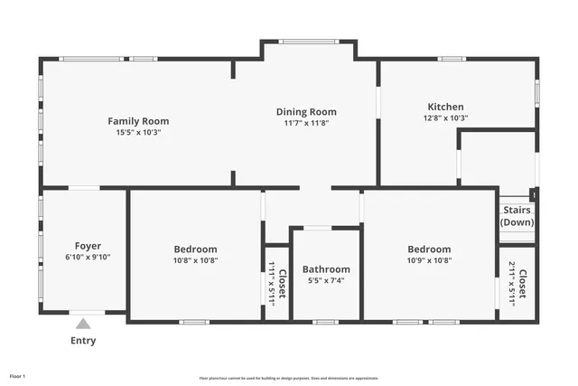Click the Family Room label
(138, 121)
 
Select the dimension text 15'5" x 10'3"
(138, 133)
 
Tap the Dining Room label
(306, 111)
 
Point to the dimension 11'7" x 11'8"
(306, 123)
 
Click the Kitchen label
(445, 107)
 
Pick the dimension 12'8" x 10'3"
(445, 118)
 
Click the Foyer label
(88, 246)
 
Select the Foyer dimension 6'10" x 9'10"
(88, 258)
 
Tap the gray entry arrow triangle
(83, 324)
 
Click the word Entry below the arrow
(83, 341)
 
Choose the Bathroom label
(326, 269)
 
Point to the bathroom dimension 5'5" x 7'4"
(326, 281)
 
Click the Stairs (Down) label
(517, 217)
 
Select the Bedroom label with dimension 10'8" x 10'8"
(195, 249)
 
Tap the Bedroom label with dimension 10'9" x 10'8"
(428, 249)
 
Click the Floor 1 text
(18, 375)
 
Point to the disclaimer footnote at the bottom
(288, 378)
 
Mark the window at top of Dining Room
(307, 42)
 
